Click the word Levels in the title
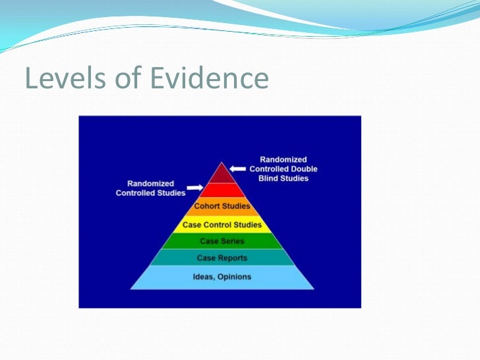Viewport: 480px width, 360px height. pos(56,79)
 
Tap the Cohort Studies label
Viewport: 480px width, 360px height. pos(222,206)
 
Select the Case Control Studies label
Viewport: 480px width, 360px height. pos(222,225)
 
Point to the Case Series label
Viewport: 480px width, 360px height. pos(222,241)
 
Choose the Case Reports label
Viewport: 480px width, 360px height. pos(222,258)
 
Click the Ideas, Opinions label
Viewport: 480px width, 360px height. pos(222,277)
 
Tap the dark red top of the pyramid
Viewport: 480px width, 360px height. pos(222,174)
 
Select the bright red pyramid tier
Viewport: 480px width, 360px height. pos(222,191)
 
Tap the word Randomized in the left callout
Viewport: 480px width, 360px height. pos(150,183)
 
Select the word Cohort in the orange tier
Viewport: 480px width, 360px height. pos(207,206)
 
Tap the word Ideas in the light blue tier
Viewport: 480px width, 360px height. pos(203,277)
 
